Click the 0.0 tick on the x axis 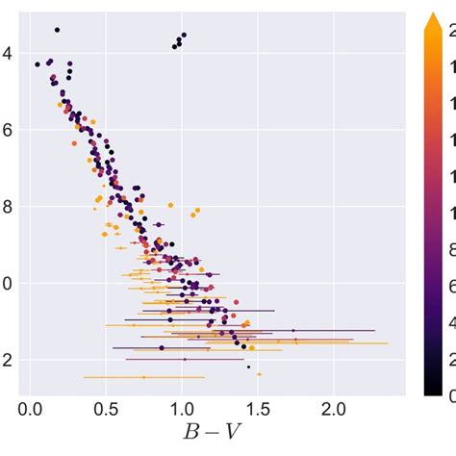[30, 409]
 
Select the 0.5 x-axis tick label [105, 409]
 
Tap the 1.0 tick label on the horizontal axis [181, 409]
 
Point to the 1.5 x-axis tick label [257, 409]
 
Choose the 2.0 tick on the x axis [333, 409]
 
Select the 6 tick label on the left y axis [7, 130]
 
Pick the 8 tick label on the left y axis [7, 207]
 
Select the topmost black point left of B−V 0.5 [57, 30]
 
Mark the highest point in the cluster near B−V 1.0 [183, 35]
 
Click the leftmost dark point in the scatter [38, 64]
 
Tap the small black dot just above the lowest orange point [248, 367]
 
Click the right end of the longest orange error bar [388, 342]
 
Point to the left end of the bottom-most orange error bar [85, 377]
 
